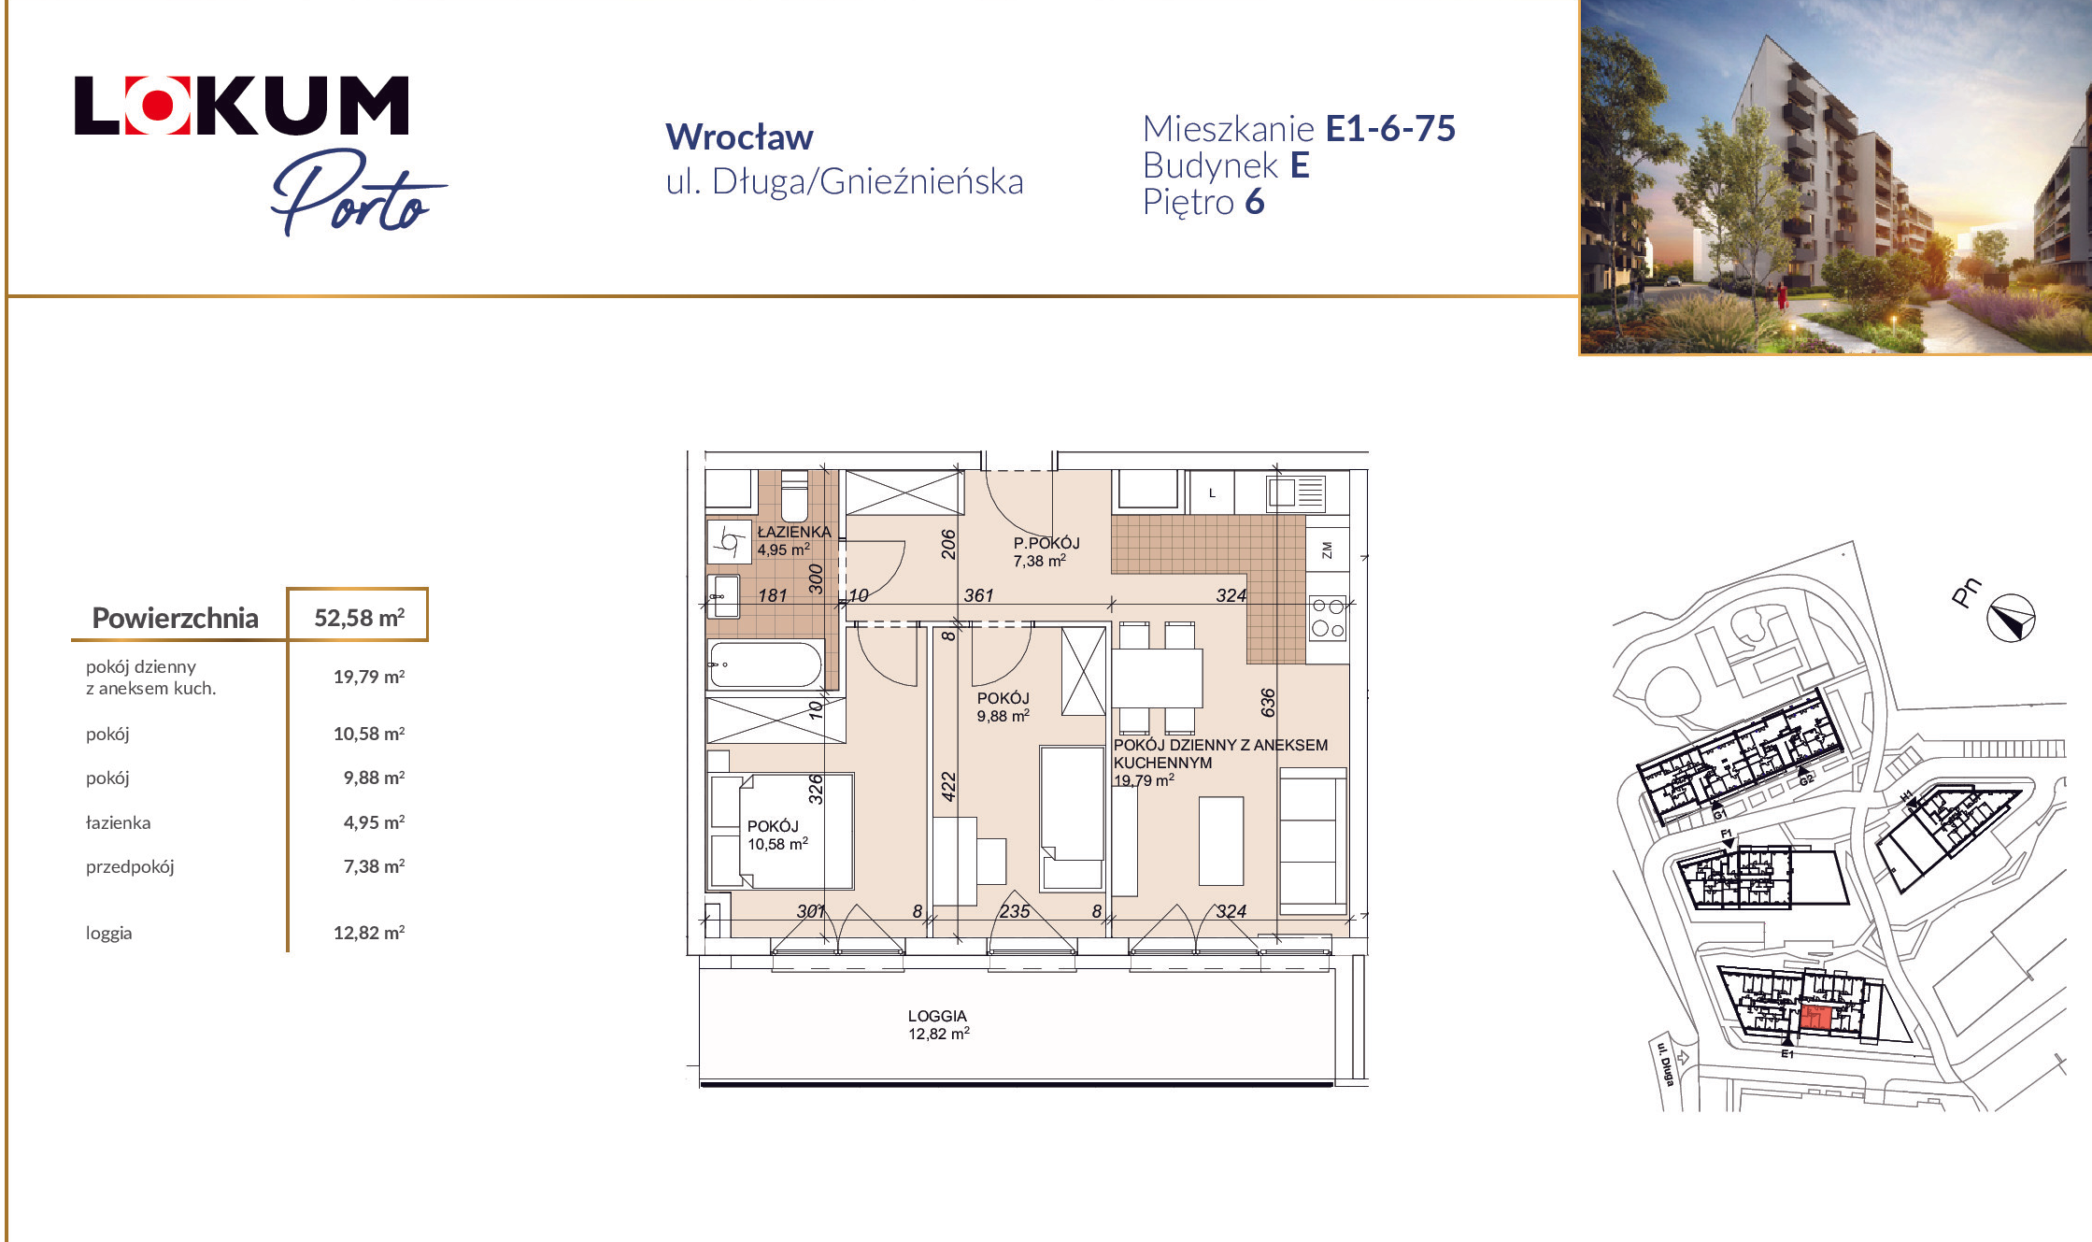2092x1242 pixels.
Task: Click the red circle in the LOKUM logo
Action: click(157, 106)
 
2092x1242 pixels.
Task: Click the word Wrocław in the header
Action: click(739, 137)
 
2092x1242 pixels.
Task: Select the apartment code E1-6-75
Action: click(1390, 129)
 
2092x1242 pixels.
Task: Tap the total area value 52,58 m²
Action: click(359, 618)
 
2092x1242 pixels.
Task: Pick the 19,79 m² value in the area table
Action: click(369, 677)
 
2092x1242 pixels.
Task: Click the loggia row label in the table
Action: click(109, 933)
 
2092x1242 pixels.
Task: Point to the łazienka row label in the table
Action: click(118, 822)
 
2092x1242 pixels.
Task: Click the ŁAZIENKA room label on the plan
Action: click(794, 532)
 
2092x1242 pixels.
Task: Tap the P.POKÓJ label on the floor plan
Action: click(1046, 543)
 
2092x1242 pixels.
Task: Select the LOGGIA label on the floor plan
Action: click(937, 1016)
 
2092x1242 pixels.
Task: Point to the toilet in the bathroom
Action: click(794, 496)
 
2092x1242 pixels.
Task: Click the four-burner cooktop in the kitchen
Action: click(1328, 618)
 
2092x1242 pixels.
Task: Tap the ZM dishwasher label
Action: click(1327, 550)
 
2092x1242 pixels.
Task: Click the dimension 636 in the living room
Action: click(1268, 702)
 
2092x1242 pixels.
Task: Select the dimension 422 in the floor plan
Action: click(948, 787)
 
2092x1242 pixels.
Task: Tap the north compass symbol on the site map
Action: click(2011, 618)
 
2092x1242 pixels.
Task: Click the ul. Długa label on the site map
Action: click(1665, 1064)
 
